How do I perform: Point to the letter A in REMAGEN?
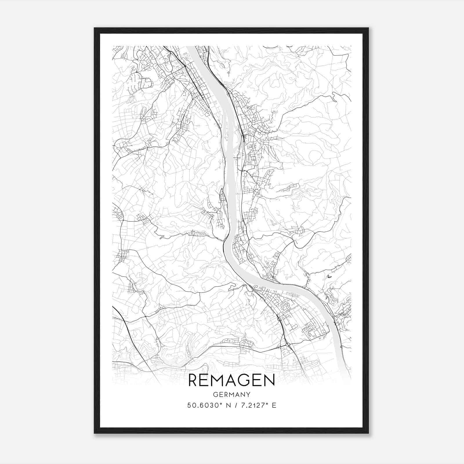(235, 380)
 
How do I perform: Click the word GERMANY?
(232, 395)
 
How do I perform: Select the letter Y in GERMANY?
(249, 395)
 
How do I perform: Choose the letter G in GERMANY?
(215, 395)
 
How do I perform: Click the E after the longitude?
(274, 405)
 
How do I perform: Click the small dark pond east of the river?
(329, 277)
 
